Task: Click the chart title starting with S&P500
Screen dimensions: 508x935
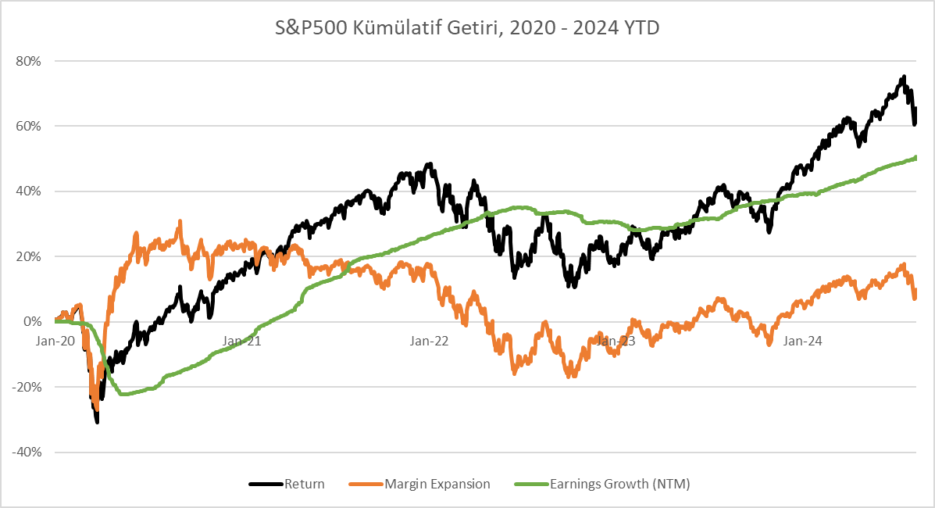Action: tap(467, 29)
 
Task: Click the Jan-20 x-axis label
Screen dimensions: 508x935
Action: tap(55, 341)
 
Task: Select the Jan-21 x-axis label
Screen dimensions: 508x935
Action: tap(242, 341)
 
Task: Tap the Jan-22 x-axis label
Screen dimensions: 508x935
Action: tap(429, 341)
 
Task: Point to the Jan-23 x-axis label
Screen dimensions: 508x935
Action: tap(616, 341)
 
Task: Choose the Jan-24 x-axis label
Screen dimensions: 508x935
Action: tap(802, 341)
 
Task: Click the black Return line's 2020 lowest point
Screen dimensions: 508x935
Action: tap(97, 422)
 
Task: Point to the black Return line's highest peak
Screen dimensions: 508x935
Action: tap(904, 77)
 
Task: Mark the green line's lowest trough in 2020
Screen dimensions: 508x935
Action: tap(123, 394)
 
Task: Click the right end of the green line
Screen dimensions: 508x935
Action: tap(915, 158)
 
